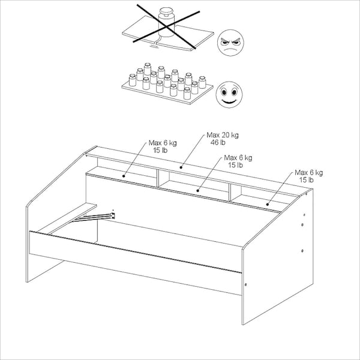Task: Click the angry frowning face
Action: click(230, 43)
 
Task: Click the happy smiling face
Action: click(229, 95)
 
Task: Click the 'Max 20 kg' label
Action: click(223, 135)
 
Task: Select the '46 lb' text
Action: click(218, 142)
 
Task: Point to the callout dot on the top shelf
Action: click(181, 167)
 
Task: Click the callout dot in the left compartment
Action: click(124, 176)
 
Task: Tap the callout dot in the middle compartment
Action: click(197, 191)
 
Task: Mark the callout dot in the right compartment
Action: click(268, 205)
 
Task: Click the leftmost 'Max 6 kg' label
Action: click(163, 143)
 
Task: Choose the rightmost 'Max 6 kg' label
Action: click(309, 172)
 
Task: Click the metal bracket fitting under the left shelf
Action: click(113, 215)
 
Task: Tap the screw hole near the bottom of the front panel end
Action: click(246, 284)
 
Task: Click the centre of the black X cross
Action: click(167, 28)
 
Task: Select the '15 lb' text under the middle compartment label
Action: click(235, 165)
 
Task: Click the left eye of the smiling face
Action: click(224, 92)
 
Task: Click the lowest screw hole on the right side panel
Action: click(302, 251)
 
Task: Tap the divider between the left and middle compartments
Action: click(158, 178)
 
